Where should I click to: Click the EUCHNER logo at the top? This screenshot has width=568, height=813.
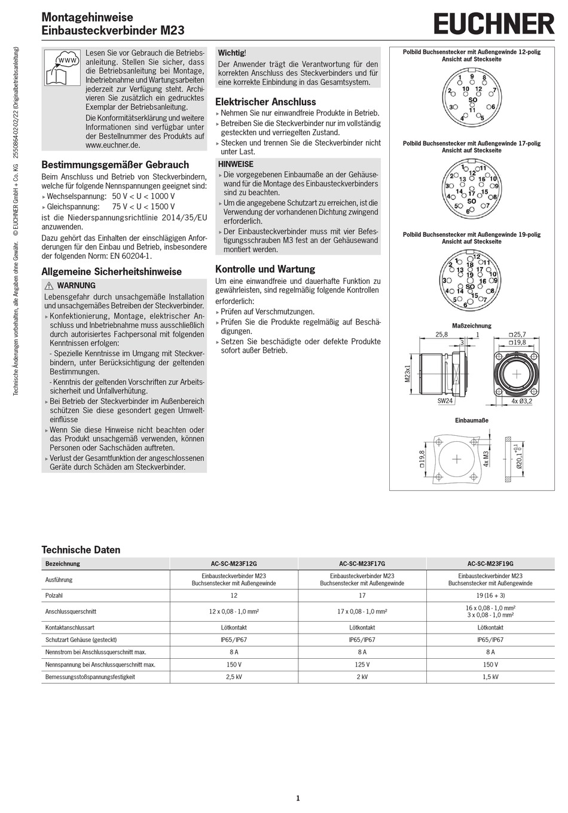[494, 25]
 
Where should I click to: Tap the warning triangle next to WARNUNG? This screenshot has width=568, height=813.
[49, 286]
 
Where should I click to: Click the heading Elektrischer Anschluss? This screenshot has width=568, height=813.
[265, 102]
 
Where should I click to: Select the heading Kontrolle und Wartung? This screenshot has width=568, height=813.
[265, 269]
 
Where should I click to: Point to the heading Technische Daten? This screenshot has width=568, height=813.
[81, 549]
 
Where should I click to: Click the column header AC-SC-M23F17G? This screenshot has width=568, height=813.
[362, 564]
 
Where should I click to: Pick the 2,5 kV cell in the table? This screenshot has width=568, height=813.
[234, 677]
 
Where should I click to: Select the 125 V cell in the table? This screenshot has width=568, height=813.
[362, 665]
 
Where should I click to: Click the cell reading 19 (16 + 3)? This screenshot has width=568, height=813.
[490, 595]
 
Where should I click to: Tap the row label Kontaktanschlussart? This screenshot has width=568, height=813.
[69, 628]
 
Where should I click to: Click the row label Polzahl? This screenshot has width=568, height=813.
[54, 595]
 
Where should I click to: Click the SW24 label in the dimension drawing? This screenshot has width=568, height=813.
[445, 401]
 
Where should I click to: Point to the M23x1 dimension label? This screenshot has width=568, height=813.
[407, 374]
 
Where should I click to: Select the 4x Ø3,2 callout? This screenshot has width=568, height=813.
[521, 401]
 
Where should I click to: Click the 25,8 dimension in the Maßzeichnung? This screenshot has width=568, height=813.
[441, 335]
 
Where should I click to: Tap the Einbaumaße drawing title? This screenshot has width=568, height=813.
[472, 420]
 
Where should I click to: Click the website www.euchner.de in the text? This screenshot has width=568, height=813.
[112, 145]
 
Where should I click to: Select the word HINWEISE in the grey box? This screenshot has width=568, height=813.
[236, 164]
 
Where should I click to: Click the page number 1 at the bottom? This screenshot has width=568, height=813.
[298, 798]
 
